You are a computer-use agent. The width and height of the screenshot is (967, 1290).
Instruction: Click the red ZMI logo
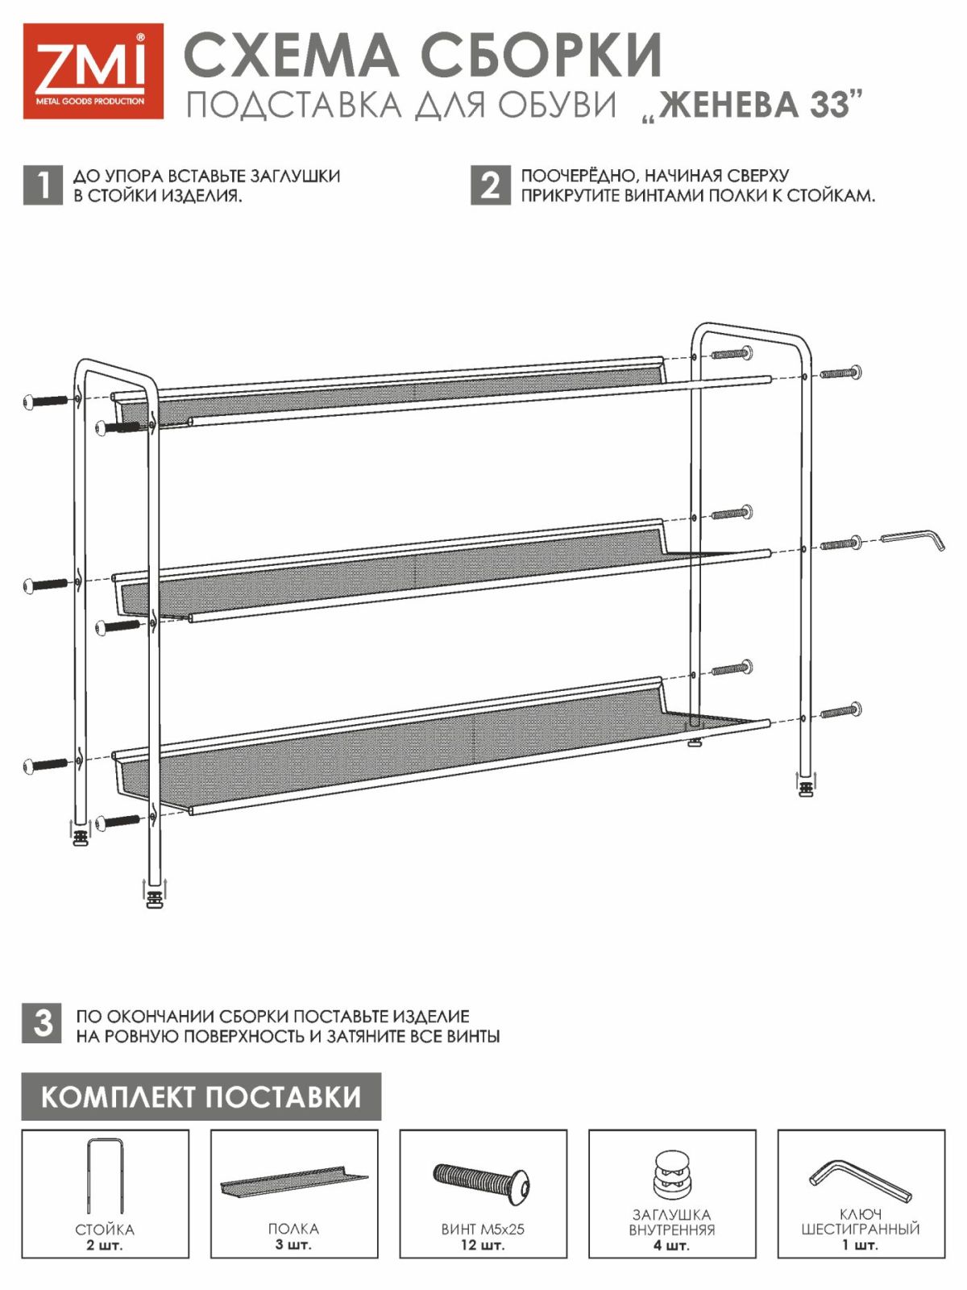93,71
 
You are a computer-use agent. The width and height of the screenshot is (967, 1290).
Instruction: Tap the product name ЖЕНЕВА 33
754,105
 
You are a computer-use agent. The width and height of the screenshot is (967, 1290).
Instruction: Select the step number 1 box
42,185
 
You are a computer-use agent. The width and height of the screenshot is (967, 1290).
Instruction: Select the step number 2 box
491,185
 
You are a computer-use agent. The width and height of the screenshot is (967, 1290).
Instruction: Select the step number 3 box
42,1023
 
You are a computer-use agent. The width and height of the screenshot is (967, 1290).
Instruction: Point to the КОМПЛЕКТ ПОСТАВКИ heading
201,1096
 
